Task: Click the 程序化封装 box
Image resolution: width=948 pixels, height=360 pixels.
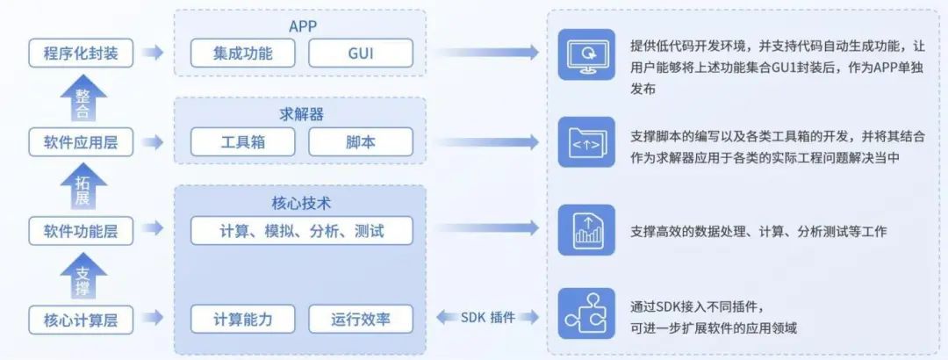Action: click(81, 54)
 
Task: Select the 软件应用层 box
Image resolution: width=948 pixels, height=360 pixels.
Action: click(81, 142)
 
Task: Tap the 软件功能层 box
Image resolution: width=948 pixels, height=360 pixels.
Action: click(81, 232)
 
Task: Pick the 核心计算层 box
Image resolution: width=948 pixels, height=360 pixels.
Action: click(81, 320)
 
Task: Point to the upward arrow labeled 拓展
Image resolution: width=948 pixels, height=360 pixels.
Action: click(82, 187)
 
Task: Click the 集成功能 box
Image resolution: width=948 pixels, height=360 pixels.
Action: click(243, 54)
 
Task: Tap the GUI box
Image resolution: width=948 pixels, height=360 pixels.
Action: click(360, 54)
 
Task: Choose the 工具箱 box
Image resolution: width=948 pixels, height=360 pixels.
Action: click(243, 142)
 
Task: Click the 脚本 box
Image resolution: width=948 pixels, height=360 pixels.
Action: click(360, 142)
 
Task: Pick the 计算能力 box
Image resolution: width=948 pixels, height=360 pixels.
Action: click(243, 320)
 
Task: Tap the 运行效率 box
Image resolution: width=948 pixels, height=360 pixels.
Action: click(360, 320)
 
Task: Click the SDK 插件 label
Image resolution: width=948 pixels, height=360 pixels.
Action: click(488, 317)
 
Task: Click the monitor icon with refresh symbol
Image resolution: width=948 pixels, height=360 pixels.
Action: click(586, 54)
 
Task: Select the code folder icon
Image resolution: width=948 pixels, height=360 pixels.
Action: click(586, 142)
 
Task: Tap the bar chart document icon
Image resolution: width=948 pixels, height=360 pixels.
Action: click(586, 230)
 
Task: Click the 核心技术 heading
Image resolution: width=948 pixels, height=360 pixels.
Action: click(301, 204)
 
